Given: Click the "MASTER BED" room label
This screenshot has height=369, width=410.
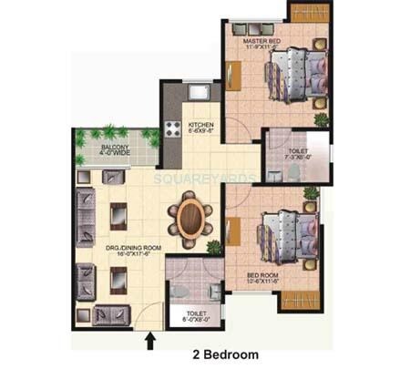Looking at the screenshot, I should point(264,41).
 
